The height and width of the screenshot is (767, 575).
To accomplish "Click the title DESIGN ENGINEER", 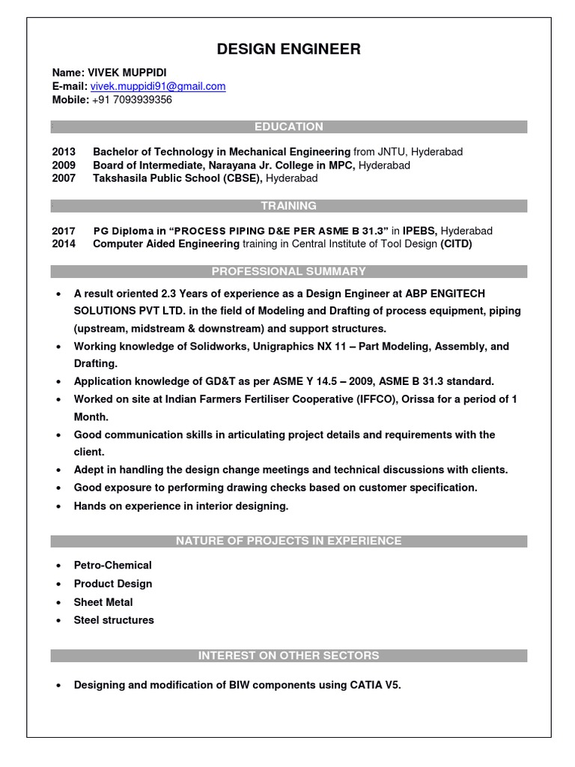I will point(288,49).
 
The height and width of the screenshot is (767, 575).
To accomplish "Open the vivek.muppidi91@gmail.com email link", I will point(158,86).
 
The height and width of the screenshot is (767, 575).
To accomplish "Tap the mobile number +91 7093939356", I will point(132,99).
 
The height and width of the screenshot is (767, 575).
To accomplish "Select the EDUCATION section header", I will point(288,127).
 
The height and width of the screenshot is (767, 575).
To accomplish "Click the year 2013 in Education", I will point(64,151).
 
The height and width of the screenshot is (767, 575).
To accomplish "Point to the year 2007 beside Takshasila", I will point(64,178).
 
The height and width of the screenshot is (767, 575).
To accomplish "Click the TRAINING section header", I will point(288,205).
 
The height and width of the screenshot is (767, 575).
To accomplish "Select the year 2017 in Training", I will point(64,231).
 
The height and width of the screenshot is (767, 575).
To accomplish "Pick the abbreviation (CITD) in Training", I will point(456,244).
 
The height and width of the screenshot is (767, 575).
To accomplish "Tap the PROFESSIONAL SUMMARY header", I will point(288,271).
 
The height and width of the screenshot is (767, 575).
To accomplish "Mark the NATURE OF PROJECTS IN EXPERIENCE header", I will point(288,541).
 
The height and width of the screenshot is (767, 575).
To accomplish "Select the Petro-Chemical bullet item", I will point(112,566).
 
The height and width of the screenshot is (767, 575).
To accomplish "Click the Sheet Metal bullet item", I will point(103,602).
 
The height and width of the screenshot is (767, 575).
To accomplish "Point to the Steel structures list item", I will point(114,620).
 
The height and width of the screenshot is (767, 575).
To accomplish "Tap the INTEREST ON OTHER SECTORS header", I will point(288,655).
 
